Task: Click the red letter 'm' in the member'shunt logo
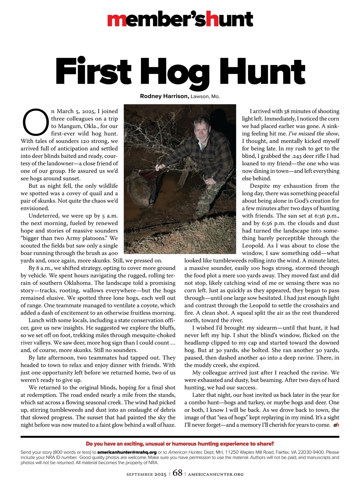tap(115, 20)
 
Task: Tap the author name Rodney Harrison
tap(164, 96)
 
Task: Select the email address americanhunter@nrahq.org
tap(127, 452)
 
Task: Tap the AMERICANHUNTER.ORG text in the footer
tap(216, 474)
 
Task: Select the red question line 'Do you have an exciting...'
tap(180, 444)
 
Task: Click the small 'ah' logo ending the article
tap(336, 425)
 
